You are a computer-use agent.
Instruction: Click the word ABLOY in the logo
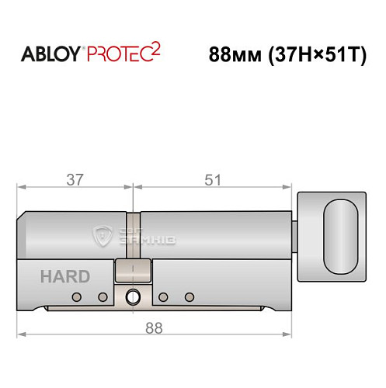[53, 55]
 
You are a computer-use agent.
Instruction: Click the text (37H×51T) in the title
[319, 55]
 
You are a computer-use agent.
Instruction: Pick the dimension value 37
[75, 179]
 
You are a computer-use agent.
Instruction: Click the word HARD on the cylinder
[66, 275]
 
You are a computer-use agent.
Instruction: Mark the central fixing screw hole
[133, 296]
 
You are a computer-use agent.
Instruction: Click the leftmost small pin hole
[76, 297]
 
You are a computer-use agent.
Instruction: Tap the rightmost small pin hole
[189, 297]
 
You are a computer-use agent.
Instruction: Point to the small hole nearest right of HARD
[102, 297]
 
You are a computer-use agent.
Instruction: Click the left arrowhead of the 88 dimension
[21, 334]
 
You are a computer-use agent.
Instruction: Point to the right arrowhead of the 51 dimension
[288, 187]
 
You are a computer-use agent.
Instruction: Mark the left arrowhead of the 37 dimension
[21, 187]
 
